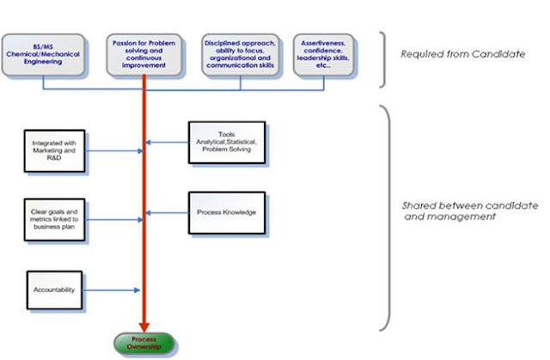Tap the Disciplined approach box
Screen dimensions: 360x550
239,54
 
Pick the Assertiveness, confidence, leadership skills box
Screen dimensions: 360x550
328,54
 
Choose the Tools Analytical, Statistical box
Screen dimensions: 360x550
227,143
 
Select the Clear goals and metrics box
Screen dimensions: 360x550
54,220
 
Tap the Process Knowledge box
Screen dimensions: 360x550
227,211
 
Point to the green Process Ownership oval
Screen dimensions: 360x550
144,344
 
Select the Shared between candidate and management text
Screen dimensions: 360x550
469,211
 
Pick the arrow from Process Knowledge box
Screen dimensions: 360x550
168,211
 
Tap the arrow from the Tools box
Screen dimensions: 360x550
168,143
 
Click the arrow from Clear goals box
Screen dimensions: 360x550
112,220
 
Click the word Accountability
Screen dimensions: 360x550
56,290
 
